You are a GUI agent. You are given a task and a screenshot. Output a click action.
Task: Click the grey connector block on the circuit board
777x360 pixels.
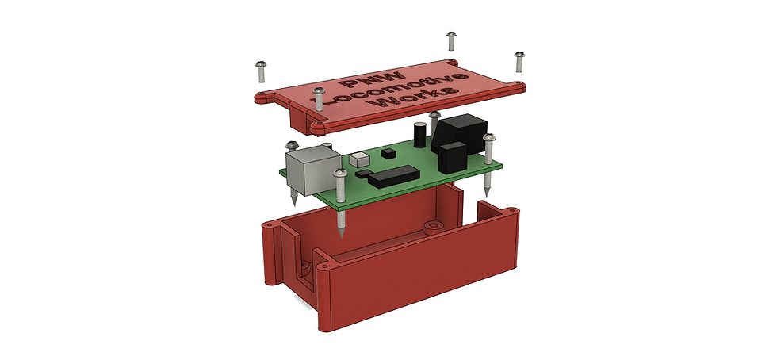click(313, 170)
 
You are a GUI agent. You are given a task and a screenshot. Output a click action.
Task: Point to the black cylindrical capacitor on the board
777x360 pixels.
click(420, 135)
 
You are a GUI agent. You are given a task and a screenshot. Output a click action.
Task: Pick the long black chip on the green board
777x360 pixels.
click(394, 177)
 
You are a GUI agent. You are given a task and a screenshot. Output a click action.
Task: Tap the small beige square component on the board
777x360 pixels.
click(359, 159)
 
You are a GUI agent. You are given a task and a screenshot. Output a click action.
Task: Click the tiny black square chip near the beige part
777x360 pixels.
click(388, 153)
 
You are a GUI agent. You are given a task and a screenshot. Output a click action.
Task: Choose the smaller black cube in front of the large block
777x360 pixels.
click(453, 157)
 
